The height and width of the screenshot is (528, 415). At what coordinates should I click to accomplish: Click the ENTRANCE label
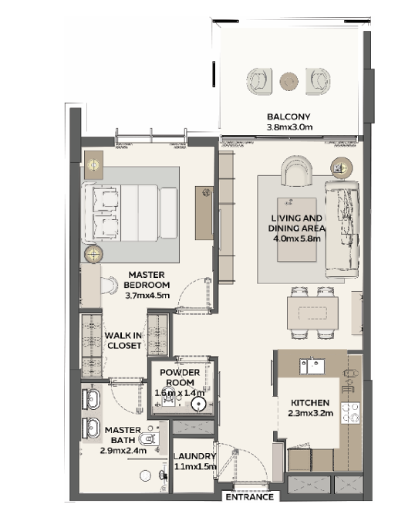[x=249, y=497]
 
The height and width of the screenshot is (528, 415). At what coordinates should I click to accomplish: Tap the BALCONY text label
[x=288, y=117]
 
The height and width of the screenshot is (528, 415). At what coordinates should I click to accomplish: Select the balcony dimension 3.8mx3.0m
[x=289, y=127]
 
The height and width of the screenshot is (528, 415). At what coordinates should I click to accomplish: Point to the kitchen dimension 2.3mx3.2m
[x=310, y=413]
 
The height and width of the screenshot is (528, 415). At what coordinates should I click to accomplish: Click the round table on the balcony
[x=288, y=81]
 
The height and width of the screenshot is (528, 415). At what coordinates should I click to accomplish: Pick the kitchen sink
[x=312, y=366]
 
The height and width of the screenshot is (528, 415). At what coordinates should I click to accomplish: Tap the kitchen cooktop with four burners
[x=350, y=413]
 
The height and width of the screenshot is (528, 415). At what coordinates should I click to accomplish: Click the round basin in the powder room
[x=198, y=404]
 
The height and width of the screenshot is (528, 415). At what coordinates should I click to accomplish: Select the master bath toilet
[x=148, y=438]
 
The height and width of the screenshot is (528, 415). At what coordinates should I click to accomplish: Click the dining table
[x=312, y=313]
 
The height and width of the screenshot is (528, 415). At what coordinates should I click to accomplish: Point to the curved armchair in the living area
[x=297, y=171]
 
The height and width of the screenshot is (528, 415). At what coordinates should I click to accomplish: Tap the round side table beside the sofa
[x=341, y=168]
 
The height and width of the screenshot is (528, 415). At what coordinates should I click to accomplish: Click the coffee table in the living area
[x=296, y=229]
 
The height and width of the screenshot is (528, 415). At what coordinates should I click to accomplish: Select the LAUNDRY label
[x=194, y=456]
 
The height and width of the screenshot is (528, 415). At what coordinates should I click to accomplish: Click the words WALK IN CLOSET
[x=123, y=340]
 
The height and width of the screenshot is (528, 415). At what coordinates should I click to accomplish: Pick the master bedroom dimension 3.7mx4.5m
[x=147, y=296]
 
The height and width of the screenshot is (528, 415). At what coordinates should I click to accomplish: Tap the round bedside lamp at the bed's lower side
[x=93, y=253]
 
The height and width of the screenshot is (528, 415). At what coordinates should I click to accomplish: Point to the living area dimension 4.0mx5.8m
[x=296, y=239]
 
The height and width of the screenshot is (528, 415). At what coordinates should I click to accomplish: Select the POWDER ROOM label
[x=180, y=377]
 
